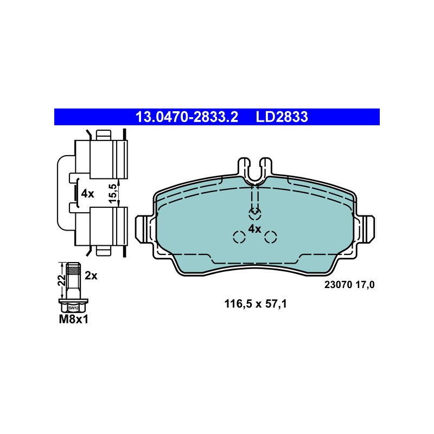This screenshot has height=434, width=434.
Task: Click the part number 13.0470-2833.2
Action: (187, 117)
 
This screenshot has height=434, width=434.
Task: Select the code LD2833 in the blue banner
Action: (282, 117)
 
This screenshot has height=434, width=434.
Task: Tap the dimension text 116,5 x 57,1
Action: (255, 304)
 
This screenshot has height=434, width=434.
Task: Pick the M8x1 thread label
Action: (74, 320)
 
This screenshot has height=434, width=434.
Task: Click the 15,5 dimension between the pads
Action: (113, 193)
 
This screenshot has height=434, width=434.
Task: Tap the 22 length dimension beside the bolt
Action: (61, 280)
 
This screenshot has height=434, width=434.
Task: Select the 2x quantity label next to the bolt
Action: (91, 276)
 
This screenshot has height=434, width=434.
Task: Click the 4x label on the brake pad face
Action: (254, 229)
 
